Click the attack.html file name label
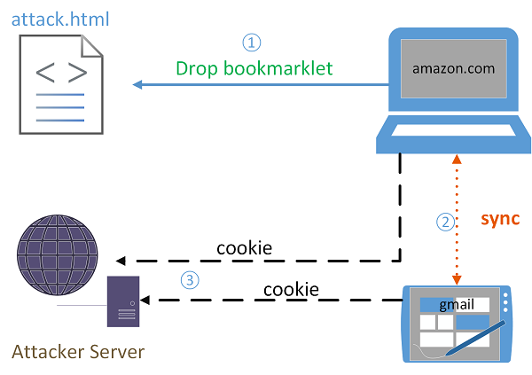[x=60, y=19]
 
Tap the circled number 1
[x=253, y=42]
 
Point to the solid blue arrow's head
[x=138, y=85]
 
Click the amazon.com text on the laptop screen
[x=452, y=67]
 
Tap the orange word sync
[x=499, y=218]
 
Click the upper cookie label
[x=244, y=247]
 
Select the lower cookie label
[x=291, y=289]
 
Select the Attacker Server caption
[x=78, y=352]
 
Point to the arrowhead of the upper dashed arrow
[x=121, y=261]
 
